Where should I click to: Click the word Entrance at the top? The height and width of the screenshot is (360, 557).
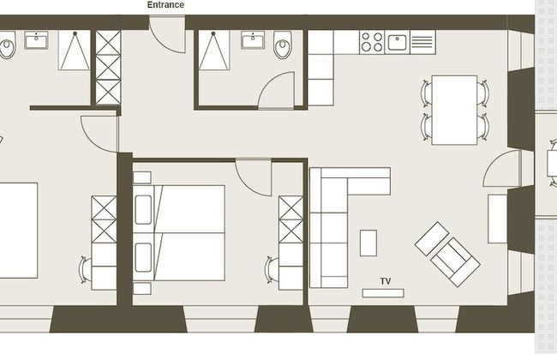coord(165,4)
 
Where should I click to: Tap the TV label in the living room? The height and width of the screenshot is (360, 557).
coord(386,281)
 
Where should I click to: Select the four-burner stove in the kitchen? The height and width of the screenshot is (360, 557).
coord(372,42)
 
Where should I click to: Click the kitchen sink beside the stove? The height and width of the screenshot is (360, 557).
coord(397,42)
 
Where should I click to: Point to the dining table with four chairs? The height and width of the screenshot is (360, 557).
coord(454,110)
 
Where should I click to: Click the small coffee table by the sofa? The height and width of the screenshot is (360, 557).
coord(368,243)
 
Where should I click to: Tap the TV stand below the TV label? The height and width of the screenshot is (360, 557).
coord(383,293)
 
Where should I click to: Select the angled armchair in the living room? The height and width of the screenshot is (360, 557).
coord(455,262)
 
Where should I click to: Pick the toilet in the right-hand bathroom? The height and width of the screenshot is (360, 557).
coord(283,45)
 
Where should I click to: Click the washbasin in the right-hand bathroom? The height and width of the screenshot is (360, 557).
coord(253,40)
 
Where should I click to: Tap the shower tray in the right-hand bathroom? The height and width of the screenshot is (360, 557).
coord(213,50)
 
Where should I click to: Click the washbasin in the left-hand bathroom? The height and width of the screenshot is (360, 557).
coord(36,40)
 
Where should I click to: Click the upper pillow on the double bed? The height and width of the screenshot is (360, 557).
coord(143,210)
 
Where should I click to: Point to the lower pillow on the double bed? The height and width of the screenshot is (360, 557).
coord(143,257)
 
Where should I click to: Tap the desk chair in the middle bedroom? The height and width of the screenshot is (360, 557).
coord(272,270)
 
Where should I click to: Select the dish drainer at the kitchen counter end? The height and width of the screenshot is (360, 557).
coord(422,42)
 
